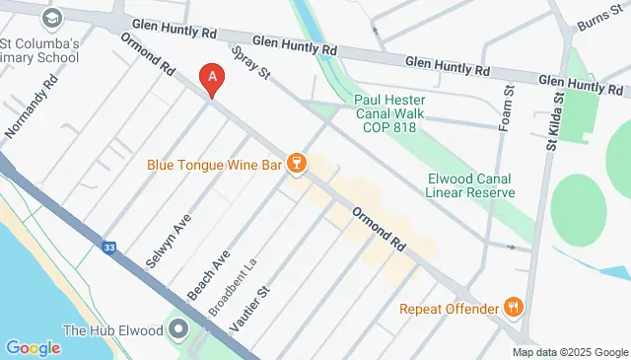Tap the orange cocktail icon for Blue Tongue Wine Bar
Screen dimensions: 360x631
[x=295, y=166]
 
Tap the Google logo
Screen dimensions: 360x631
[x=34, y=347]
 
